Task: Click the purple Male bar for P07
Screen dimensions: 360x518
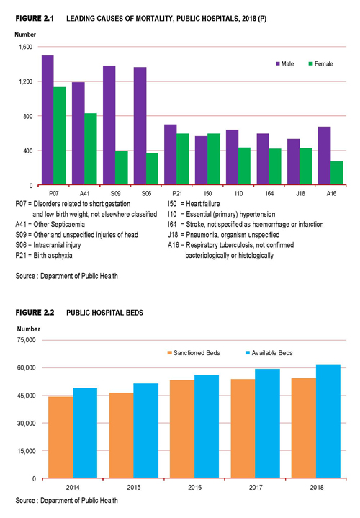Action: click(x=48, y=120)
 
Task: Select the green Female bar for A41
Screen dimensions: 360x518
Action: click(x=91, y=149)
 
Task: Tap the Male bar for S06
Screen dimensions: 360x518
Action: click(x=140, y=126)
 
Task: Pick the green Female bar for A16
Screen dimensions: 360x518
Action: click(x=337, y=173)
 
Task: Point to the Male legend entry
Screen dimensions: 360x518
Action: click(x=285, y=63)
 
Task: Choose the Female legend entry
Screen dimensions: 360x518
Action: click(x=320, y=63)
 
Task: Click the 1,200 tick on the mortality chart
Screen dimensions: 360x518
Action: click(x=25, y=81)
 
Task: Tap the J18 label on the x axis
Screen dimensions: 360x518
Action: click(x=300, y=194)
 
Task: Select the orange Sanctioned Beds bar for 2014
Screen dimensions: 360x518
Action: click(x=60, y=437)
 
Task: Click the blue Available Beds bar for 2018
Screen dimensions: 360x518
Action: click(x=328, y=421)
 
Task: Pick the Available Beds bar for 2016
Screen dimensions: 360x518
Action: click(x=207, y=427)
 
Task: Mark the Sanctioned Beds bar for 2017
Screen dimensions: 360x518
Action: click(x=243, y=429)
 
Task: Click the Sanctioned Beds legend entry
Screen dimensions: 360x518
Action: click(x=194, y=353)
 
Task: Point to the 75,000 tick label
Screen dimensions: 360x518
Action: click(x=27, y=340)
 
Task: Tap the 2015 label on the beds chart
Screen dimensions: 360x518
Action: click(x=134, y=487)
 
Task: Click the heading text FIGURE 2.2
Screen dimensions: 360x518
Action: click(x=35, y=313)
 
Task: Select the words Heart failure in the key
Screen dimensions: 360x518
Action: click(x=203, y=204)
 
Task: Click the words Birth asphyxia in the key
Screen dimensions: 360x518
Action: click(x=53, y=255)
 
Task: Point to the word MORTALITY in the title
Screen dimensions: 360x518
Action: click(x=153, y=19)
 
